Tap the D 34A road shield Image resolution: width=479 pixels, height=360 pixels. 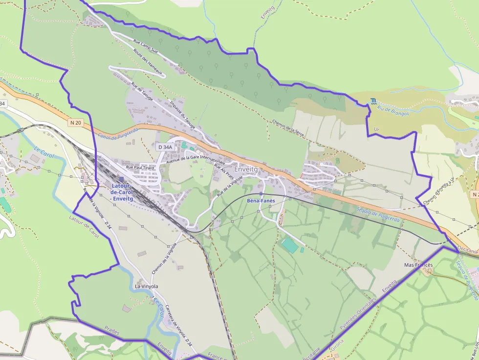(x=165, y=147)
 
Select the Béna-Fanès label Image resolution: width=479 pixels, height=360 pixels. (x=261, y=200)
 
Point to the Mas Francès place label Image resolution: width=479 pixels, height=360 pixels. (x=418, y=265)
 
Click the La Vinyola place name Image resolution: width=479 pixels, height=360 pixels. (x=146, y=286)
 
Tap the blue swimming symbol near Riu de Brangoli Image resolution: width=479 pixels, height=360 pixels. (x=374, y=101)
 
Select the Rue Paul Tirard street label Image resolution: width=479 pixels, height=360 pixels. (x=140, y=168)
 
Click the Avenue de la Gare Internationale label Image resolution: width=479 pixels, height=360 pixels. (x=196, y=161)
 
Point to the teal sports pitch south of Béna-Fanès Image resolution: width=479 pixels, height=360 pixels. (x=290, y=245)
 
